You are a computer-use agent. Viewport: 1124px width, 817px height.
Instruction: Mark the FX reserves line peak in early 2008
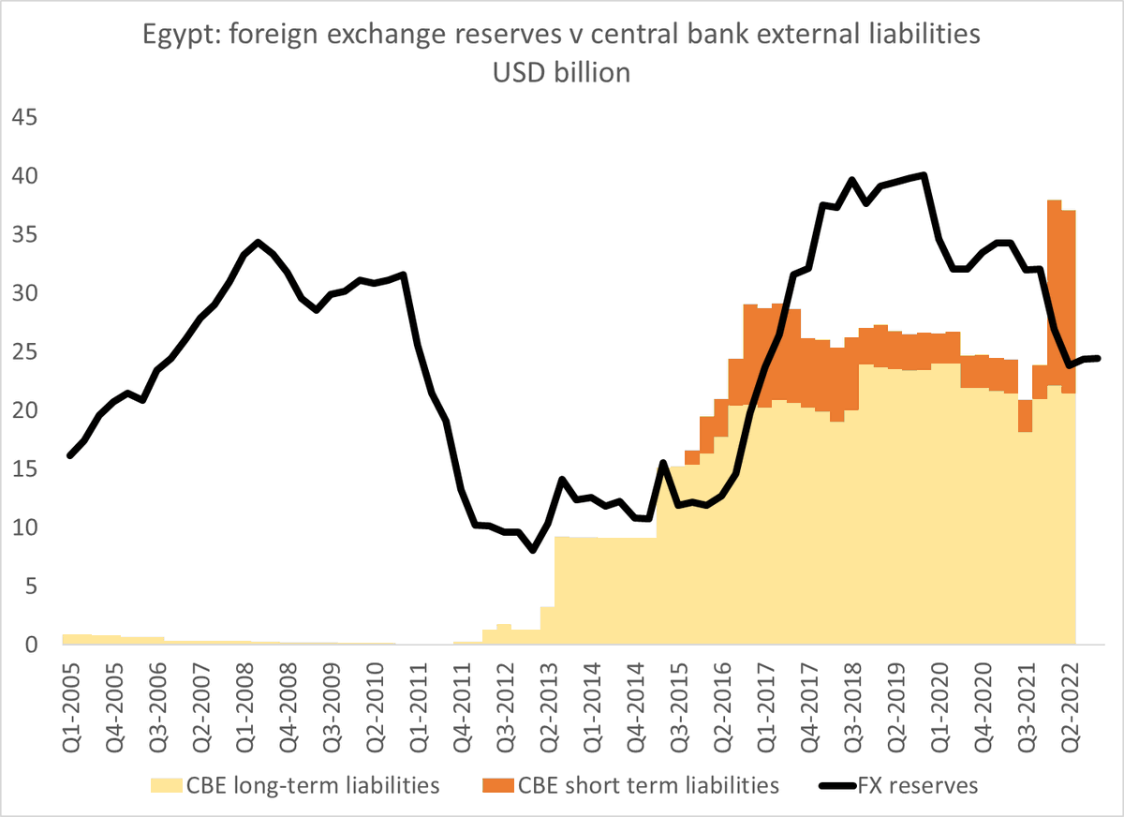tap(259, 242)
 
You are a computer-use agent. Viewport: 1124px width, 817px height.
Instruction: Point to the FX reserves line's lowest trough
tap(533, 550)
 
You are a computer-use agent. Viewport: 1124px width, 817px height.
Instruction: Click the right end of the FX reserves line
tap(1099, 358)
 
